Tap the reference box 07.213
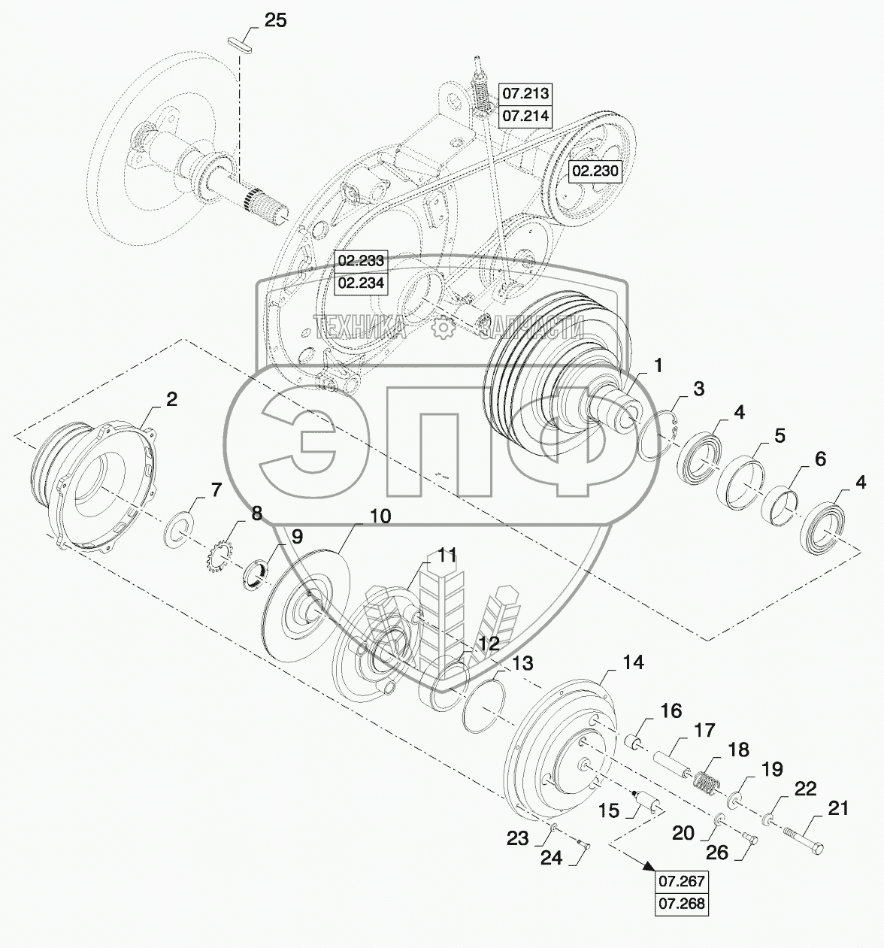point(526,93)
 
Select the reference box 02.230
point(595,171)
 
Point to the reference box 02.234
point(361,283)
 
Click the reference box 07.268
point(681,904)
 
